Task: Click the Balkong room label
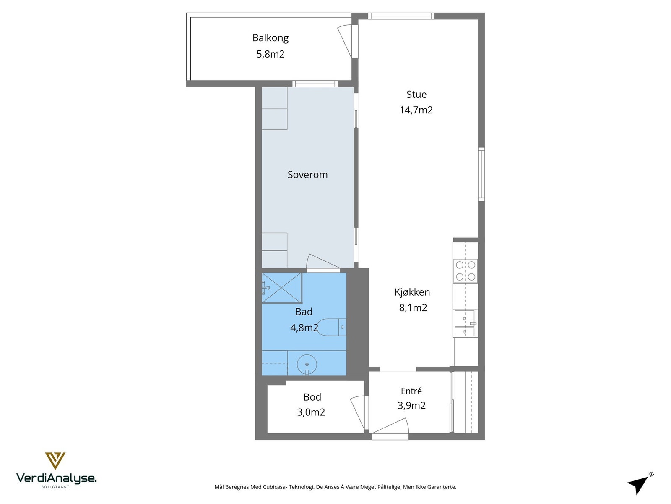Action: (x=270, y=38)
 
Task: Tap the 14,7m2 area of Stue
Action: (x=416, y=110)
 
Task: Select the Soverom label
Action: (x=307, y=175)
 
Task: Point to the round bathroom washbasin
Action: (x=307, y=365)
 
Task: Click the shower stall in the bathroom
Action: (x=282, y=288)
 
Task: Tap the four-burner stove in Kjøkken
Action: (x=466, y=271)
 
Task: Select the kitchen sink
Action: (x=465, y=323)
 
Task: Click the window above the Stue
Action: (x=401, y=16)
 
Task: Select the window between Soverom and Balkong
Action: (x=315, y=84)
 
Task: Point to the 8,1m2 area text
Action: (x=413, y=307)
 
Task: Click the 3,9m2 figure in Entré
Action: (x=411, y=405)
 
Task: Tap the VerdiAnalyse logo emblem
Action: (x=55, y=461)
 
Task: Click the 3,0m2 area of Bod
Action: (x=311, y=412)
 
